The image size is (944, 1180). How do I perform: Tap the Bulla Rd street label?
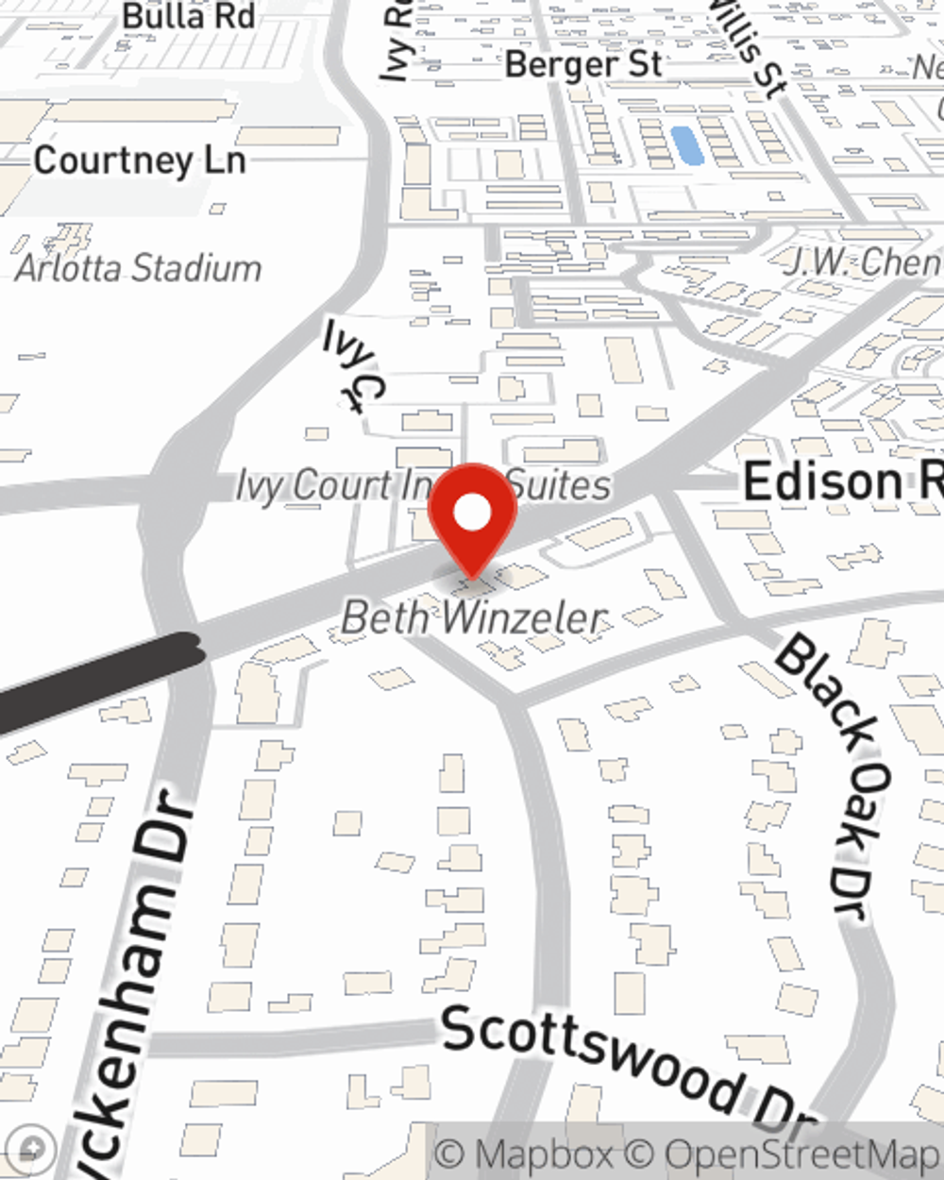point(189,16)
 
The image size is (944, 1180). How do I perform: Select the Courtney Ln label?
point(140,160)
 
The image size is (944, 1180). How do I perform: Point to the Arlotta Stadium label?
point(139,268)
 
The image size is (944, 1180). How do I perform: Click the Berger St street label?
point(583,64)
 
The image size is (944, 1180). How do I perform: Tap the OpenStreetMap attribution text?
point(802,1154)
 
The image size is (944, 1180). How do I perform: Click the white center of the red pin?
point(472,513)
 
